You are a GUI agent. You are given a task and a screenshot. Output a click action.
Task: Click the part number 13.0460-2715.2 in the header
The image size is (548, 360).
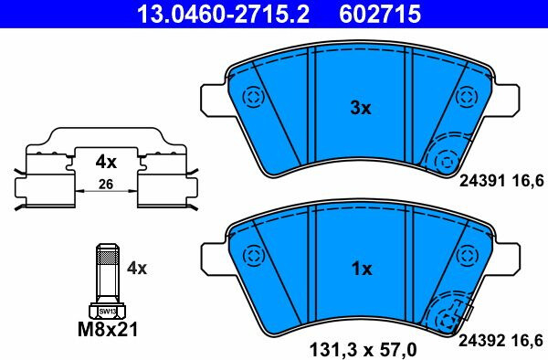(224, 15)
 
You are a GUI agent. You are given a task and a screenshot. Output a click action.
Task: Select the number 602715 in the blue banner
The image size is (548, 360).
(380, 15)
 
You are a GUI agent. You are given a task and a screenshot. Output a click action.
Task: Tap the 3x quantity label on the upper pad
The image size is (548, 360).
(361, 108)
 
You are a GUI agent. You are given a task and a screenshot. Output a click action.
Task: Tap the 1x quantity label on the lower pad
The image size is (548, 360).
(362, 269)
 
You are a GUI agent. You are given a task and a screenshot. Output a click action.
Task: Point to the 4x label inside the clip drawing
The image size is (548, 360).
(106, 162)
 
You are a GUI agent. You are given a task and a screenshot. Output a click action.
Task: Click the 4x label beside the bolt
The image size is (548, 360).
(137, 268)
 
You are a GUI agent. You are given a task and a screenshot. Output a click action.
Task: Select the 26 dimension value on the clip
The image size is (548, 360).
(106, 185)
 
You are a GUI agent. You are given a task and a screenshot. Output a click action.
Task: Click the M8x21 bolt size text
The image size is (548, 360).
(108, 329)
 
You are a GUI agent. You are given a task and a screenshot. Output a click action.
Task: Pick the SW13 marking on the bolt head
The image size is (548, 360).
(107, 311)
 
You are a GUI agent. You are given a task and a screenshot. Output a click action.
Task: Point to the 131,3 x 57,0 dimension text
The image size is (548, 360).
(364, 349)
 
